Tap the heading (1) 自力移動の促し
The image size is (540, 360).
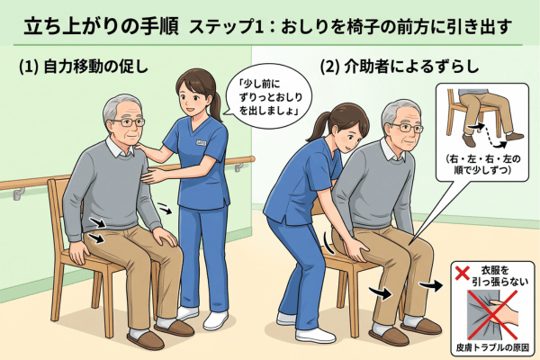point(84,67)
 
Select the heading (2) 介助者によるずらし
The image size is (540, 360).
point(400,67)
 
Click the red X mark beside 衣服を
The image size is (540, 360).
point(463,273)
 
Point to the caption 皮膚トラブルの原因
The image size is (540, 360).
point(492,347)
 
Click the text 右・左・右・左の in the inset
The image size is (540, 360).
point(482,158)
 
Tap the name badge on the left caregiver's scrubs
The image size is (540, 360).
point(201,142)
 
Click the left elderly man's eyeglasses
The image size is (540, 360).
point(129,122)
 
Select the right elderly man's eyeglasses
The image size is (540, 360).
point(409,128)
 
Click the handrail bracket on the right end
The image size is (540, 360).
point(238,166)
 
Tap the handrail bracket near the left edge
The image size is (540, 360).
point(18,193)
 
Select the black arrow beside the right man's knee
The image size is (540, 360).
point(431,285)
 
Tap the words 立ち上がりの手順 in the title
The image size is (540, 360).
point(101,26)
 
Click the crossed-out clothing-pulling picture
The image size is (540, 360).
point(492,314)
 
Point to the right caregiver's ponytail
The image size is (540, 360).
point(316,126)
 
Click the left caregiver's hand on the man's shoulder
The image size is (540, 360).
point(144,148)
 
